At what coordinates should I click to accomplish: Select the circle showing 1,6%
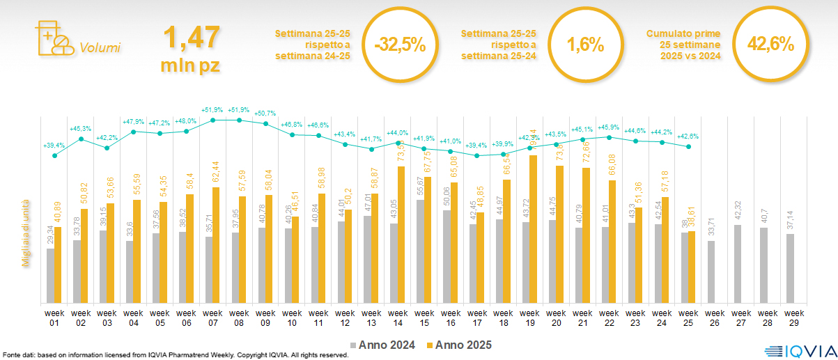tap(584, 45)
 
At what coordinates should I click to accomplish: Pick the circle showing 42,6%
tap(770, 45)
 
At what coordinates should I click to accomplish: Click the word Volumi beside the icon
tap(100, 48)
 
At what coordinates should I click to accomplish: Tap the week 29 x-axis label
tap(789, 317)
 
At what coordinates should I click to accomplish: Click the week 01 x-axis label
tap(54, 317)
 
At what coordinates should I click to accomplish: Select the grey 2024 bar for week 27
tap(738, 264)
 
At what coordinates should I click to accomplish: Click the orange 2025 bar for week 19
tap(534, 229)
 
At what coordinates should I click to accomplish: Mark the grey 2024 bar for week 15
tap(420, 251)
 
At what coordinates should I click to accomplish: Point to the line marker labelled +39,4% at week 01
tap(54, 155)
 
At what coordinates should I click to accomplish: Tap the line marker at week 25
tap(688, 146)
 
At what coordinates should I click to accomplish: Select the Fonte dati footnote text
tap(174, 355)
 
